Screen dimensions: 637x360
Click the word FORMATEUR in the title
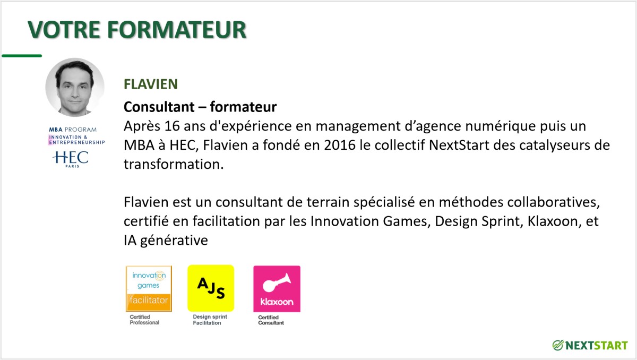click(177, 29)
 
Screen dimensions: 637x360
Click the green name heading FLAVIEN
click(151, 84)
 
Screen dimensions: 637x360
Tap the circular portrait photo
click(75, 87)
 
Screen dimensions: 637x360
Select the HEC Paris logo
click(71, 159)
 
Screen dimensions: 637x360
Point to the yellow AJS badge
click(211, 288)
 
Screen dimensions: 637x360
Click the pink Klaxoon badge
click(277, 289)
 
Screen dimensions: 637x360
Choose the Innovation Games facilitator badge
click(149, 288)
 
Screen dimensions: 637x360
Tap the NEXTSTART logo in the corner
click(590, 345)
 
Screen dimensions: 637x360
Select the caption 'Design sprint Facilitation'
click(210, 320)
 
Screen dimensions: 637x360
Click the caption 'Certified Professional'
click(144, 320)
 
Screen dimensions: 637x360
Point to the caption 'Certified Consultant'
click(271, 320)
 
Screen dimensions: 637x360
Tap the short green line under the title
click(22, 56)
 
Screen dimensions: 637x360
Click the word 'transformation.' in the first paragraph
click(174, 164)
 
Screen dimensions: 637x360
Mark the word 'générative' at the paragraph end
click(174, 241)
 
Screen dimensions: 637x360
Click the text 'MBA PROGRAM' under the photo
click(73, 130)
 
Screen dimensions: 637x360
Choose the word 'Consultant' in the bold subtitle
click(159, 107)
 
